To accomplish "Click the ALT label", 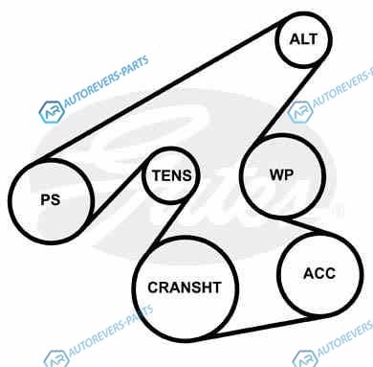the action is [x=303, y=39].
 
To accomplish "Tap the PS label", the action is [x=51, y=200].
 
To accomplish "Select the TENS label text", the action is [x=171, y=175].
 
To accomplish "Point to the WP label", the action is [x=281, y=175].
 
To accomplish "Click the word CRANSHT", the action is [x=185, y=287].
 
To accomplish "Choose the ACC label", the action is [x=319, y=274].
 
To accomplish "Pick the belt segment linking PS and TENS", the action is [x=117, y=192].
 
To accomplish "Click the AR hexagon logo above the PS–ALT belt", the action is [x=52, y=112].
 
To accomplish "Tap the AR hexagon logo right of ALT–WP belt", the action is [x=299, y=111].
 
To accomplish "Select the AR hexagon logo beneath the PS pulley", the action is [x=56, y=358].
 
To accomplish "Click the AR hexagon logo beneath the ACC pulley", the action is [x=305, y=358].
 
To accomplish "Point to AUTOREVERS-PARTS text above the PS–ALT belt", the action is [x=106, y=81].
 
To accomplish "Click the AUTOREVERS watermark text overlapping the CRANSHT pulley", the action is [x=111, y=331].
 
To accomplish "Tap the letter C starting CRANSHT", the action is [x=152, y=287].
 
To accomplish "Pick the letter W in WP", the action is [x=276, y=175].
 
